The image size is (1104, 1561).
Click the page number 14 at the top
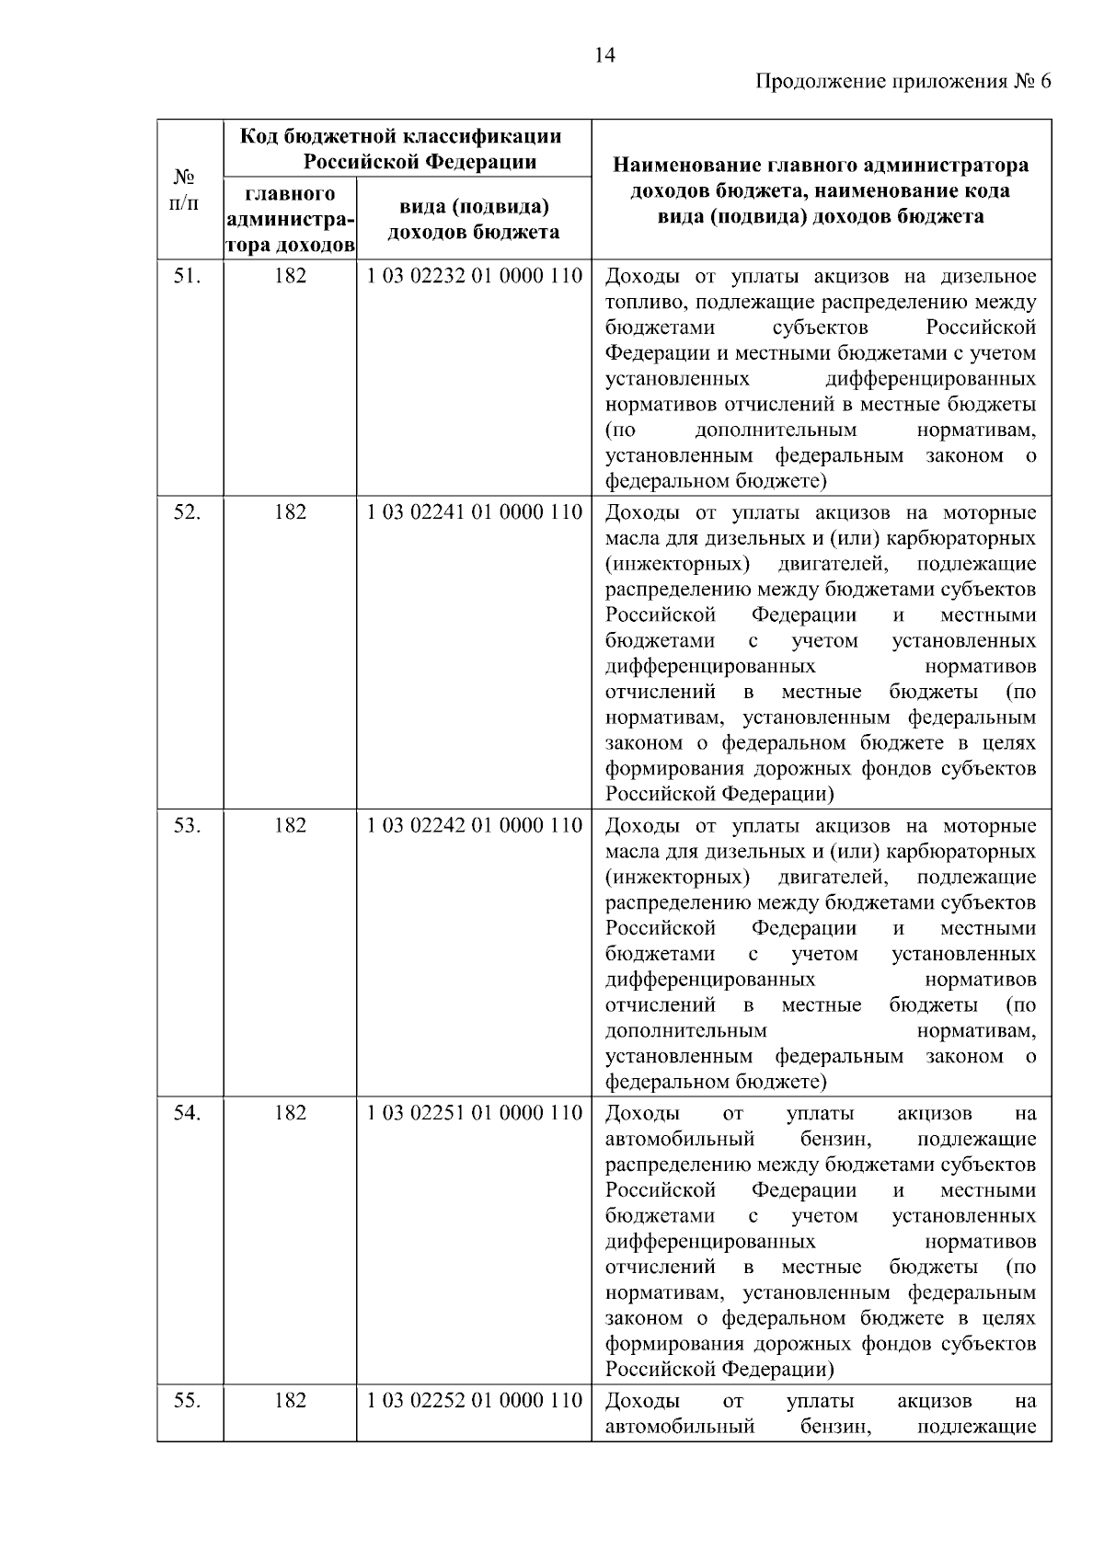tap(604, 55)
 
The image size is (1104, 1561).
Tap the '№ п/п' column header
tap(186, 189)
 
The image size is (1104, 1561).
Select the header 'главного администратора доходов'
tap(290, 220)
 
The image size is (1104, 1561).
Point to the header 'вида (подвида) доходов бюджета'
tap(474, 220)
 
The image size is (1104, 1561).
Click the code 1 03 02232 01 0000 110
tap(474, 276)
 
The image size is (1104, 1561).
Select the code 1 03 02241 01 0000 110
tap(474, 512)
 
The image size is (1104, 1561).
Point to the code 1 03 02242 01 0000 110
tap(474, 825)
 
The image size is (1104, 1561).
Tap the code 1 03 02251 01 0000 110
tap(474, 1113)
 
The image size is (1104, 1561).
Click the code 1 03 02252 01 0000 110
tap(474, 1401)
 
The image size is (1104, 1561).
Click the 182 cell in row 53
tap(290, 825)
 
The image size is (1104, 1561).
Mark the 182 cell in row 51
tap(290, 276)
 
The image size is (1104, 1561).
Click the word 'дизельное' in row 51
tap(988, 277)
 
